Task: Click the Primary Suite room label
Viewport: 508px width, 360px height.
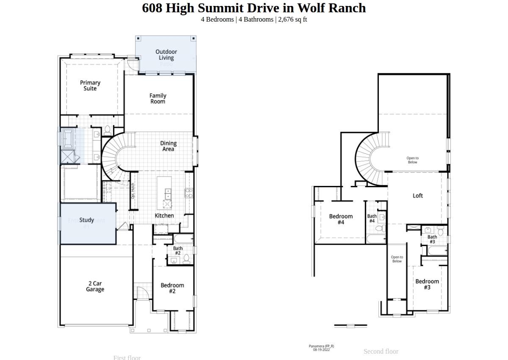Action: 90,86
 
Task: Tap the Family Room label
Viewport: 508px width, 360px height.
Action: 157,99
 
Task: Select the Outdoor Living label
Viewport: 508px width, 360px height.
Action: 166,55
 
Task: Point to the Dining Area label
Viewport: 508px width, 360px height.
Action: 168,146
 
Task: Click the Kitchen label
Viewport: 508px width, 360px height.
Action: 164,216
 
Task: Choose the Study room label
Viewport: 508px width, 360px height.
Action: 86,220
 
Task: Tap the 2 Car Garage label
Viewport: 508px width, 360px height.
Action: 95,287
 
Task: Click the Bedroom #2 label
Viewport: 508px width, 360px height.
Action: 172,288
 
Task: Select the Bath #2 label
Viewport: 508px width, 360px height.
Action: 177,251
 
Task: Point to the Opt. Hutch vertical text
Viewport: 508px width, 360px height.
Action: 133,191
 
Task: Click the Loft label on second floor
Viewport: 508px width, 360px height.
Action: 417,196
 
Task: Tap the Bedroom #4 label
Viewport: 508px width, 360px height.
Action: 341,219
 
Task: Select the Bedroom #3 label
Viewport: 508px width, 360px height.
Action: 427,284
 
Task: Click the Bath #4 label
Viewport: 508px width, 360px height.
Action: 372,219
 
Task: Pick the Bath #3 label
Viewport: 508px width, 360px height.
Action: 432,239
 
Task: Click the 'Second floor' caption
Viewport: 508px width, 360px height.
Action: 381,351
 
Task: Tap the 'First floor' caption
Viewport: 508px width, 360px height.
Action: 127,357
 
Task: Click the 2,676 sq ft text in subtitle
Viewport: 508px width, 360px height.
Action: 292,19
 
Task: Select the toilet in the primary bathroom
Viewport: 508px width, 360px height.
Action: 107,130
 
